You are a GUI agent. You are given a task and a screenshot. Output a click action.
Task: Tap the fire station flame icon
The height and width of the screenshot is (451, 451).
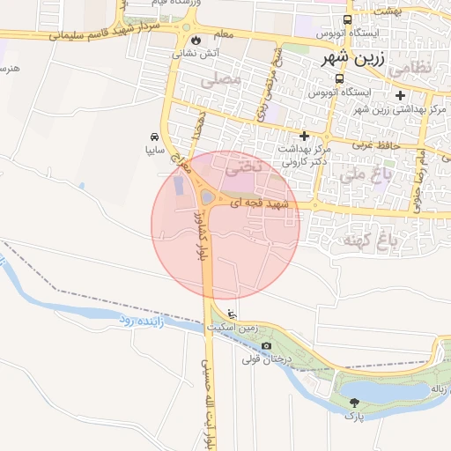[x=195, y=40]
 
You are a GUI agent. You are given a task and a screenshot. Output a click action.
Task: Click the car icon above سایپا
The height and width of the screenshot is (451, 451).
[x=155, y=137]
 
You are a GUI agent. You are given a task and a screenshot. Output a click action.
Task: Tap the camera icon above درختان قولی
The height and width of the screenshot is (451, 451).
[x=267, y=345]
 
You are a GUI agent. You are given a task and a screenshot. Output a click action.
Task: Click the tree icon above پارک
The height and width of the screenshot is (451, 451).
[x=354, y=401]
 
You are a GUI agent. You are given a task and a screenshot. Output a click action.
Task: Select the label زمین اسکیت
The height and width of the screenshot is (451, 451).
[x=232, y=327]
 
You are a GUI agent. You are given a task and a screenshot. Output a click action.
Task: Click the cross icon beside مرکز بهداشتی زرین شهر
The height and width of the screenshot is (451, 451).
[x=401, y=95]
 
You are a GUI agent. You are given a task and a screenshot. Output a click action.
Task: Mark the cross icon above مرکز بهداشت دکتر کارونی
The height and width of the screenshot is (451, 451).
[x=305, y=137]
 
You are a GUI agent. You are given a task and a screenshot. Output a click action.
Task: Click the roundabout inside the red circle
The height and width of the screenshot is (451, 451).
[x=208, y=197]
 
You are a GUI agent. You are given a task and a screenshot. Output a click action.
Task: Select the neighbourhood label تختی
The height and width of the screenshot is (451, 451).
[x=244, y=165]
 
